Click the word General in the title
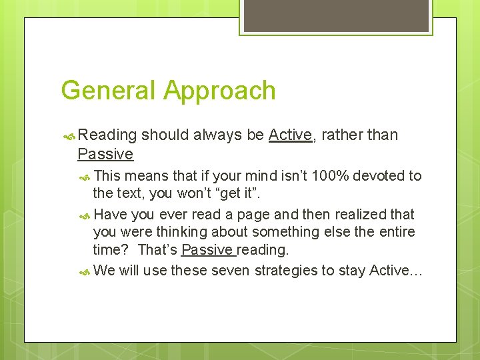point(108,91)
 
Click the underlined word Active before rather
point(290,135)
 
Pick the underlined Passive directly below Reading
point(105,155)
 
